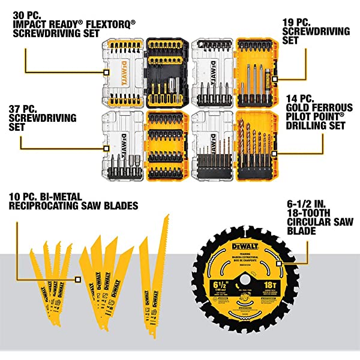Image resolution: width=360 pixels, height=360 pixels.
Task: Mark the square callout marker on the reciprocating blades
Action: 77,278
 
